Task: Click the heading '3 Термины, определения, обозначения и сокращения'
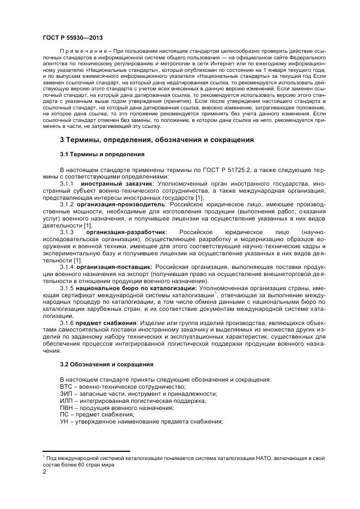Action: [x=156, y=140]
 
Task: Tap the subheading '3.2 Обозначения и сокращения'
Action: [x=106, y=364]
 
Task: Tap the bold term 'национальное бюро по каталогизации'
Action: [x=137, y=287]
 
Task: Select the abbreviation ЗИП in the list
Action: [x=66, y=394]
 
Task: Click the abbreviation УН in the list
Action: [x=64, y=422]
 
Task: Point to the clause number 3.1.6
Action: [x=67, y=323]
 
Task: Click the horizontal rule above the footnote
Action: [x=86, y=451]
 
